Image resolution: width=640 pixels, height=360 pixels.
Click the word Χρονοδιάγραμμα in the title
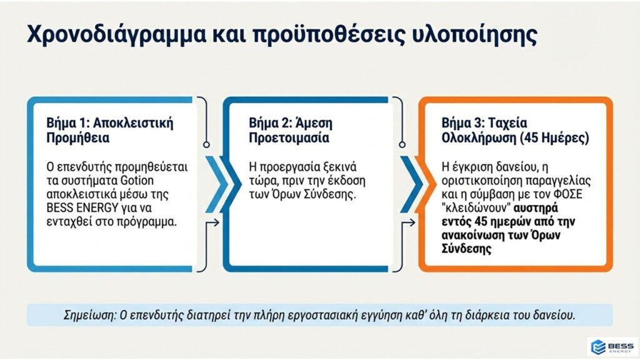click(x=117, y=35)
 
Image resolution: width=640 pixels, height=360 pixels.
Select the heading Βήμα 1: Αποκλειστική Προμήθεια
click(x=110, y=130)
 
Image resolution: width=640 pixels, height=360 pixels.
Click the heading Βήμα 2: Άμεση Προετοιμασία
click(x=291, y=130)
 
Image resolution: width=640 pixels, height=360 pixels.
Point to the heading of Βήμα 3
click(x=516, y=130)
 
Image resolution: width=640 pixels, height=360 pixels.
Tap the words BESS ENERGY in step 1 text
click(x=82, y=207)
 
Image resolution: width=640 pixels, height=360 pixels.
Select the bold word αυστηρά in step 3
click(x=536, y=208)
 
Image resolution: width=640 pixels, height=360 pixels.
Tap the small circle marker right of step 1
click(x=206, y=144)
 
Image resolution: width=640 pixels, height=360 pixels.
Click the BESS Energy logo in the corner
click(x=612, y=347)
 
